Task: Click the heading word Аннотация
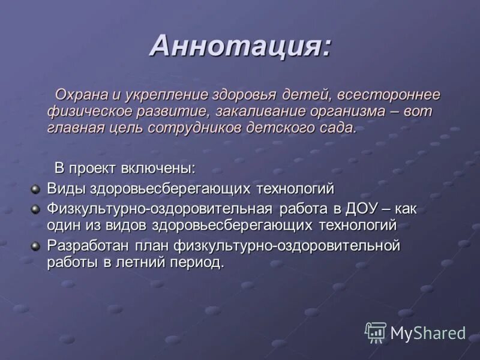click(x=239, y=46)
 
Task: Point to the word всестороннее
click(x=388, y=95)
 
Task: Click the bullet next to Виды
click(x=35, y=189)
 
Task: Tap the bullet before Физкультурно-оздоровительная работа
click(x=35, y=208)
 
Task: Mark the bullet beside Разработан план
click(x=35, y=245)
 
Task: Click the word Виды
click(x=67, y=188)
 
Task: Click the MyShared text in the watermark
click(x=428, y=333)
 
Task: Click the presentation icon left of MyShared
click(x=375, y=332)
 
